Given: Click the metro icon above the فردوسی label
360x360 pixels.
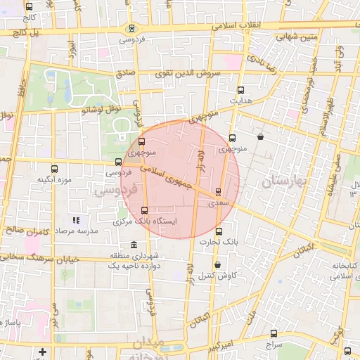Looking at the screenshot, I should click(x=131, y=29).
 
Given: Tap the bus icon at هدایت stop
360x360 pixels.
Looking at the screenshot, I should click(x=241, y=90).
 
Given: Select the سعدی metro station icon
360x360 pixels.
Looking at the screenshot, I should click(x=218, y=191).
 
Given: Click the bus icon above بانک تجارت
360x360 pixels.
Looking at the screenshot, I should click(x=219, y=231).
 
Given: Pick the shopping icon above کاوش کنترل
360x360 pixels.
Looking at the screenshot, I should click(x=217, y=264).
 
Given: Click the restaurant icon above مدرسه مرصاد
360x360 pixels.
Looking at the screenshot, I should click(x=76, y=220).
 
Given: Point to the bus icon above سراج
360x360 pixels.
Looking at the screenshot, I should click(x=274, y=333).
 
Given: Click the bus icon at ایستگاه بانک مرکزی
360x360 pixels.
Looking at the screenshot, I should click(x=145, y=210).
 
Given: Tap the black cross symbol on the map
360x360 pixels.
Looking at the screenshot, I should click(x=43, y=351).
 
